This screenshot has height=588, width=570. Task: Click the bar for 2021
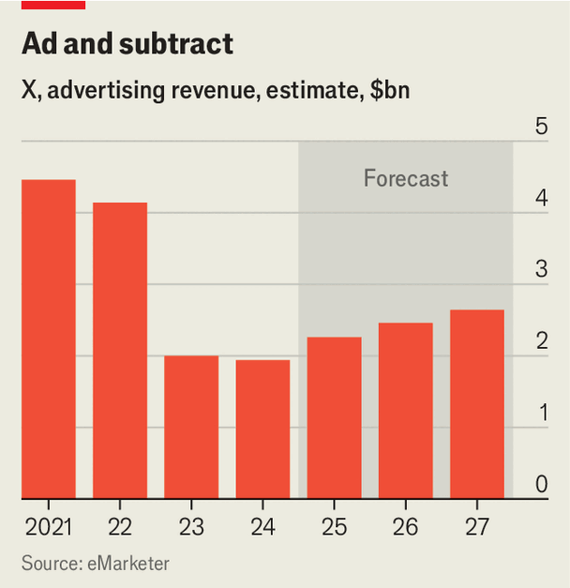(x=49, y=339)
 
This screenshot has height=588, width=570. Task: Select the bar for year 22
(x=120, y=350)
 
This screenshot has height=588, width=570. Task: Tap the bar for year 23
(x=191, y=427)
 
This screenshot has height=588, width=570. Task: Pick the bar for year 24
(x=262, y=429)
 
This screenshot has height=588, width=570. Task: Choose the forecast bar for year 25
(x=334, y=417)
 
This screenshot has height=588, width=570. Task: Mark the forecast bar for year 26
(x=406, y=410)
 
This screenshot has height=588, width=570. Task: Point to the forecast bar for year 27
(x=477, y=403)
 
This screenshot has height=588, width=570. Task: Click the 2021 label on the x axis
(x=49, y=527)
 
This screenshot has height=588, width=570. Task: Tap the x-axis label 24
(x=262, y=527)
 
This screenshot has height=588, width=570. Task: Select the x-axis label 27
(x=477, y=527)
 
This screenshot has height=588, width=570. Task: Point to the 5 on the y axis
(x=541, y=127)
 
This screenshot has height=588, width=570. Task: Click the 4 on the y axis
(x=541, y=199)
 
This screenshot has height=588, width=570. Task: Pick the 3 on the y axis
(x=541, y=270)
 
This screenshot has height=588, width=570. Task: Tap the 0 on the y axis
(x=541, y=485)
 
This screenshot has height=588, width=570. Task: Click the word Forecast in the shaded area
(x=406, y=178)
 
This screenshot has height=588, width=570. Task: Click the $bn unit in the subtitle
(x=386, y=92)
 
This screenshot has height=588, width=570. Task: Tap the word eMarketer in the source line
(x=129, y=563)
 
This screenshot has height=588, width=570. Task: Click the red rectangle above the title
(x=53, y=5)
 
